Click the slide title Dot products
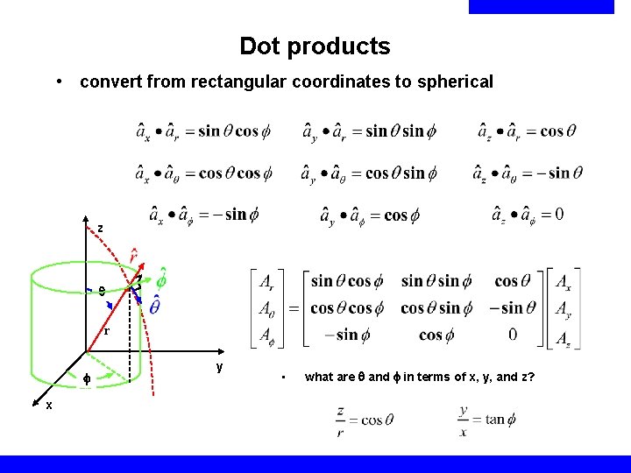point(315,46)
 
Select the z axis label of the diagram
point(100,229)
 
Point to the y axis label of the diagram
point(220,366)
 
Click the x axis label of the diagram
point(49,405)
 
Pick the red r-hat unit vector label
point(132,256)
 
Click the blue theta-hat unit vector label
point(154,306)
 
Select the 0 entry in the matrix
point(513,335)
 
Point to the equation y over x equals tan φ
point(486,419)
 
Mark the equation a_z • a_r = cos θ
point(527,131)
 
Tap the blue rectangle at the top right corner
point(542,7)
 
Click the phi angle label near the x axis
point(87,379)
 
